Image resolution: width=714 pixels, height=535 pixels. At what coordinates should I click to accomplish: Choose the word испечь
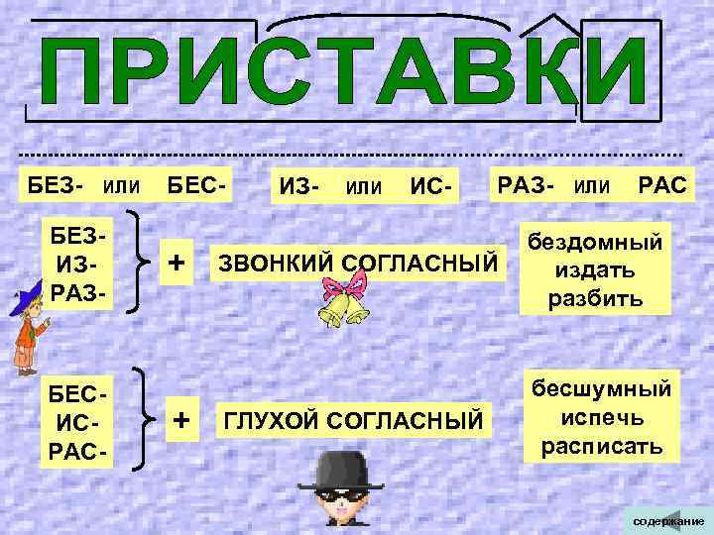click(602, 417)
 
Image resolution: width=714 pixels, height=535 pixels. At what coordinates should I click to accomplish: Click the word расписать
click(602, 445)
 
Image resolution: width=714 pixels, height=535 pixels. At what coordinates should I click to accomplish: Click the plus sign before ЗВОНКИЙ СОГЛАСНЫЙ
click(177, 263)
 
